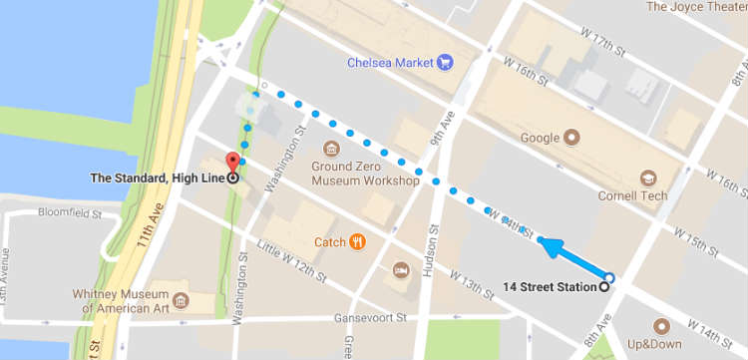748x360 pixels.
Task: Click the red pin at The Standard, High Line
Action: tap(233, 163)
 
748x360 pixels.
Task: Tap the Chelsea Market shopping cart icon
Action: tap(445, 63)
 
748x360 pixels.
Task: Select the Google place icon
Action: tap(572, 137)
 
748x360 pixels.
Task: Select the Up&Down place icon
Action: tap(660, 326)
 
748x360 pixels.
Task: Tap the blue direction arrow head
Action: tap(545, 241)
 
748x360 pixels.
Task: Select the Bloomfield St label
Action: tap(37, 213)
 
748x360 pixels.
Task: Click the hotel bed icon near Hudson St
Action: tap(400, 270)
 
